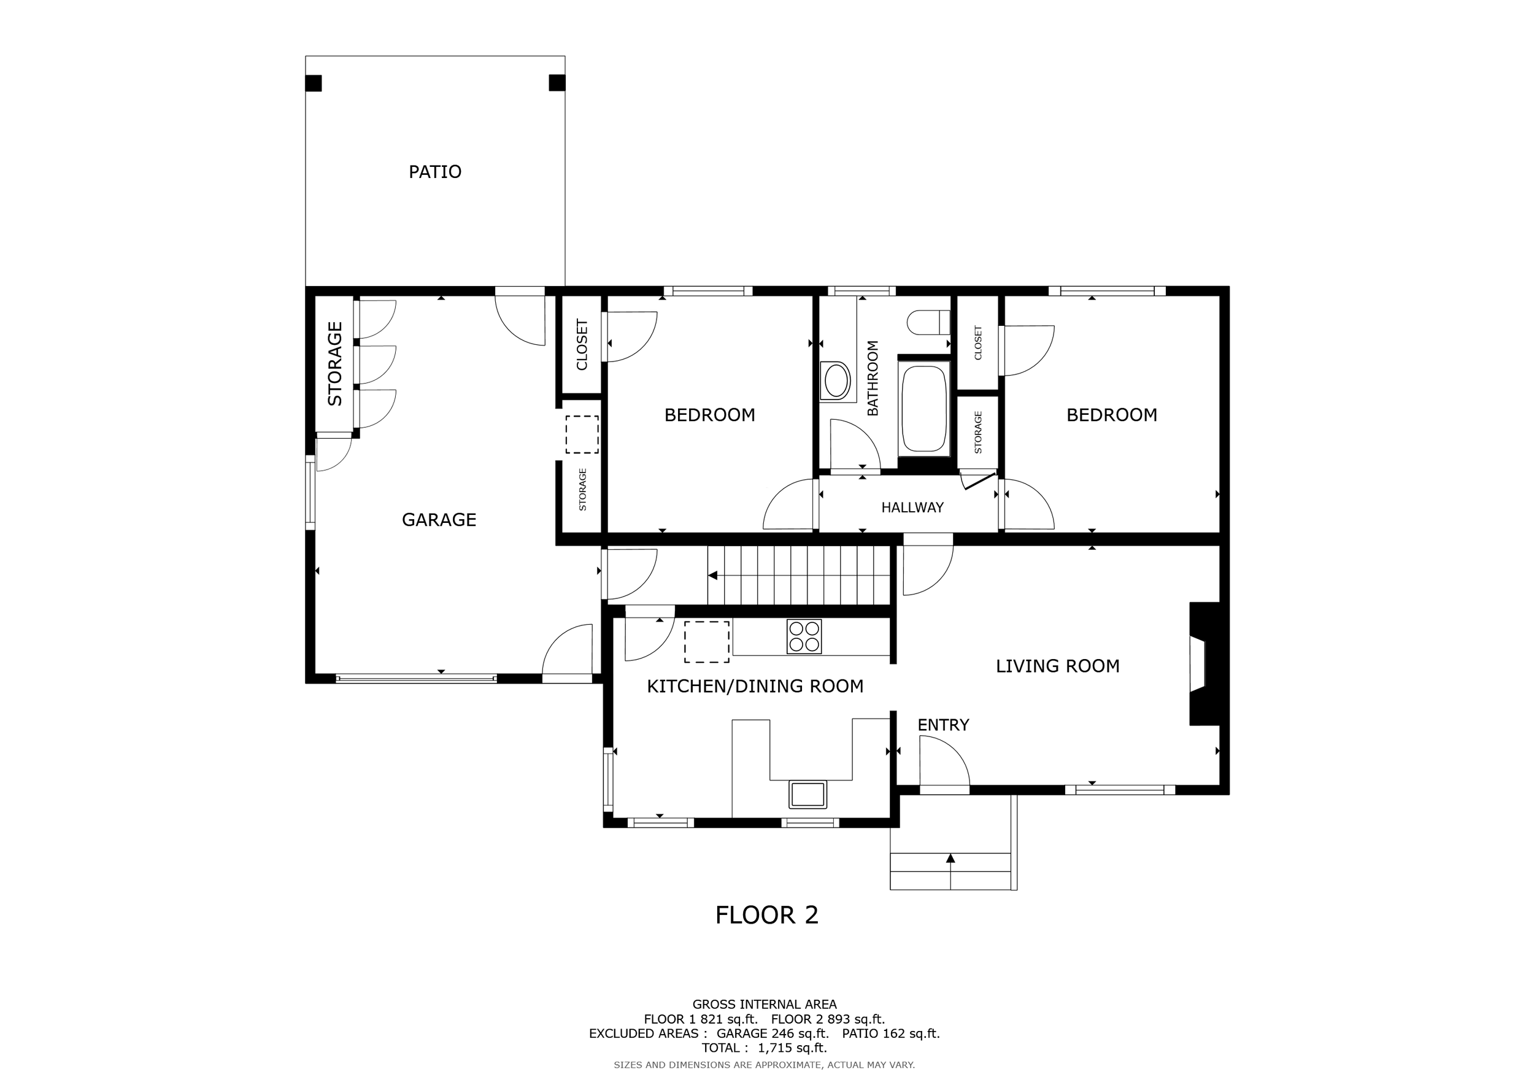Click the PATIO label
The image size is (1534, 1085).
[x=435, y=172]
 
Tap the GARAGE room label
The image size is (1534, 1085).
[x=439, y=520]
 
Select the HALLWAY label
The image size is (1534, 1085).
[x=912, y=508]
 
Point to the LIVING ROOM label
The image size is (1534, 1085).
[x=1058, y=666]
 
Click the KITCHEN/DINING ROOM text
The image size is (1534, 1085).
[x=755, y=686]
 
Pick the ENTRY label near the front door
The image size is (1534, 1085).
[x=942, y=725]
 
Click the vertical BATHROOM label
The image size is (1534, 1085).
[x=873, y=378]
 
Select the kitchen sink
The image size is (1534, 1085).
[x=807, y=794]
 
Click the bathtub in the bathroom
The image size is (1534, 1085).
[x=925, y=408]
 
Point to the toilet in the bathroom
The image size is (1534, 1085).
[x=928, y=323]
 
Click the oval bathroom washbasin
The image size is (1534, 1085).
[x=836, y=382]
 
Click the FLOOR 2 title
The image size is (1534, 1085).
[x=766, y=915]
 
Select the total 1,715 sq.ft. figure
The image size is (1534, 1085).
[x=792, y=1048]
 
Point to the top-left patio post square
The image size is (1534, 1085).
[x=314, y=83]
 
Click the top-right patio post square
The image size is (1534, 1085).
[x=557, y=83]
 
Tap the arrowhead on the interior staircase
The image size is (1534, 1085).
[x=713, y=575]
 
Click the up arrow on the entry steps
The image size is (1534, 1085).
[x=950, y=859]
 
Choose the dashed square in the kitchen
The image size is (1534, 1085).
[x=706, y=641]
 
